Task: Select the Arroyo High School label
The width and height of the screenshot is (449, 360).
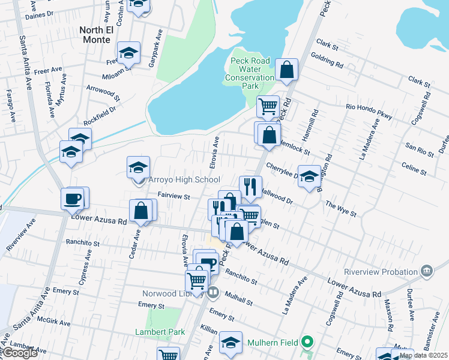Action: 184,180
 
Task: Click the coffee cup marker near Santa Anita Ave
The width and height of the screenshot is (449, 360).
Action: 73,198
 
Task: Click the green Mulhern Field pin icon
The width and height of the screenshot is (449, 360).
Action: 307,343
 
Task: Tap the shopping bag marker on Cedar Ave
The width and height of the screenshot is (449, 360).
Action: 141,211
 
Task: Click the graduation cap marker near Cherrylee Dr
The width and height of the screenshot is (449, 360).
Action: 309,176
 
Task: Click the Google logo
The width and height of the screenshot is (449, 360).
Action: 20,353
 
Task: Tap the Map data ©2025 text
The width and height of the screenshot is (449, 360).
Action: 423,355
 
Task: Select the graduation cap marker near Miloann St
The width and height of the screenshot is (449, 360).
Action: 128,53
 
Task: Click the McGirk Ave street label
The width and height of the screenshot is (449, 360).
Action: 55,323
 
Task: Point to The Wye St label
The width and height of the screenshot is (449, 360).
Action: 341,209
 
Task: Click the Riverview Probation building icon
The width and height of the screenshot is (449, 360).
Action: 427,271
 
